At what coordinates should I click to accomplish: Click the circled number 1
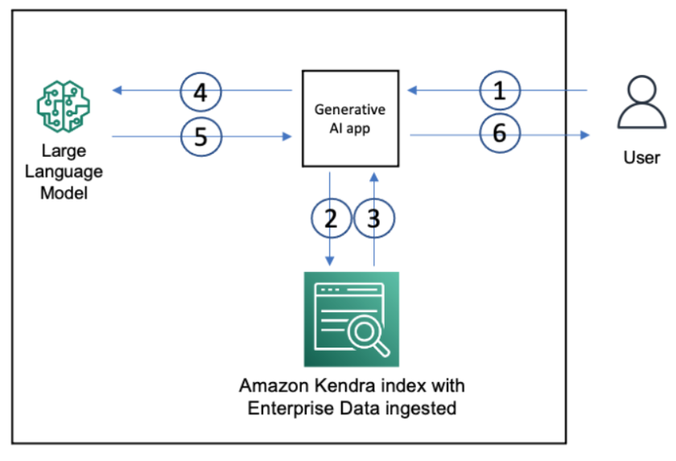(x=500, y=90)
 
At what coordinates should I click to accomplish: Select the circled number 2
(x=331, y=219)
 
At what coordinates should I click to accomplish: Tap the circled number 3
(x=373, y=219)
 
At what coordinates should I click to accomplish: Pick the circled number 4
(x=200, y=92)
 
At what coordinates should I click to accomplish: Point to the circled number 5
(x=200, y=137)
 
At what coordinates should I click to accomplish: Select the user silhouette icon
(x=641, y=105)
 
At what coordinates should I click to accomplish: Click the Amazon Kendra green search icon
(x=351, y=319)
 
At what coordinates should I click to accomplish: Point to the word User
(x=641, y=157)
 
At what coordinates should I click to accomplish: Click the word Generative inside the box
(x=349, y=109)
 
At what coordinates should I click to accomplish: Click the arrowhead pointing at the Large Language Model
(x=117, y=91)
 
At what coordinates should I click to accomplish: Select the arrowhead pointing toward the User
(x=585, y=135)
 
